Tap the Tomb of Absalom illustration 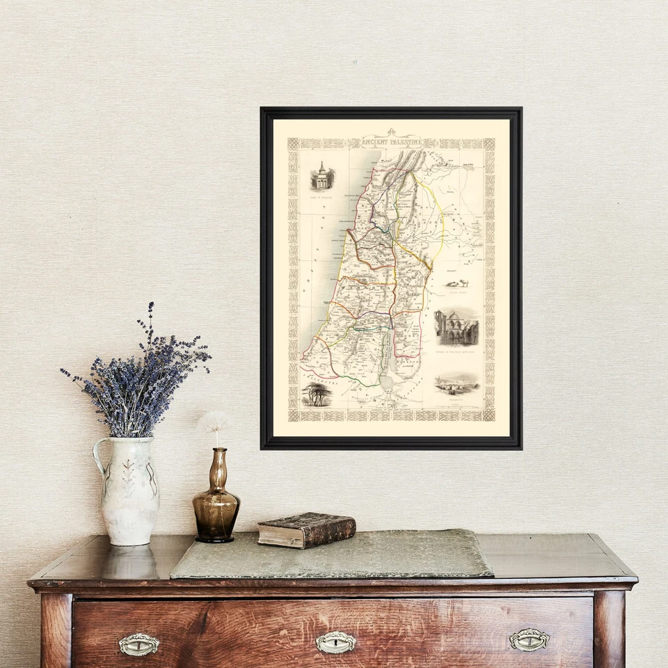322,177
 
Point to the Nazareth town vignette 456,383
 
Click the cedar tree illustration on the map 317,394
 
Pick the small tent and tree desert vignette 456,283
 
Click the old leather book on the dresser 306,530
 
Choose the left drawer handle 138,644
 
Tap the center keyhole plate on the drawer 336,642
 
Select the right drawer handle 529,639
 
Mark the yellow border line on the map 439,223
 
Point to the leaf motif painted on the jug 129,480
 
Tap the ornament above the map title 391,132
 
